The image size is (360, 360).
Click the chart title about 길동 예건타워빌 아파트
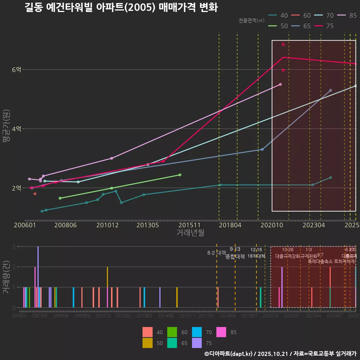coord(121,7)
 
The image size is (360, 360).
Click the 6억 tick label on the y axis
coord(16,70)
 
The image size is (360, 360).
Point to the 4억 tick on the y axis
coord(16,129)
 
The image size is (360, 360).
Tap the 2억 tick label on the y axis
coord(16,188)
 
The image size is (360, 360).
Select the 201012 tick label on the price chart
coord(107,225)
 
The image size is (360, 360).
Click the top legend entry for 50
coord(279,26)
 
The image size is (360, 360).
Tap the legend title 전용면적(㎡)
coord(251,20)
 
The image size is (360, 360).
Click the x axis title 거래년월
coord(190,233)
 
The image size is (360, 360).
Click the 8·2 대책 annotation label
coord(216,253)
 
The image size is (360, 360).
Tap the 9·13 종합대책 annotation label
coord(235,253)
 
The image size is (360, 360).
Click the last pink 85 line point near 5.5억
coord(280,85)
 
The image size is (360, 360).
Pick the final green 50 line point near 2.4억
coord(180,175)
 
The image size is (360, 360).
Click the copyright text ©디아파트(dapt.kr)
coord(229,354)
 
